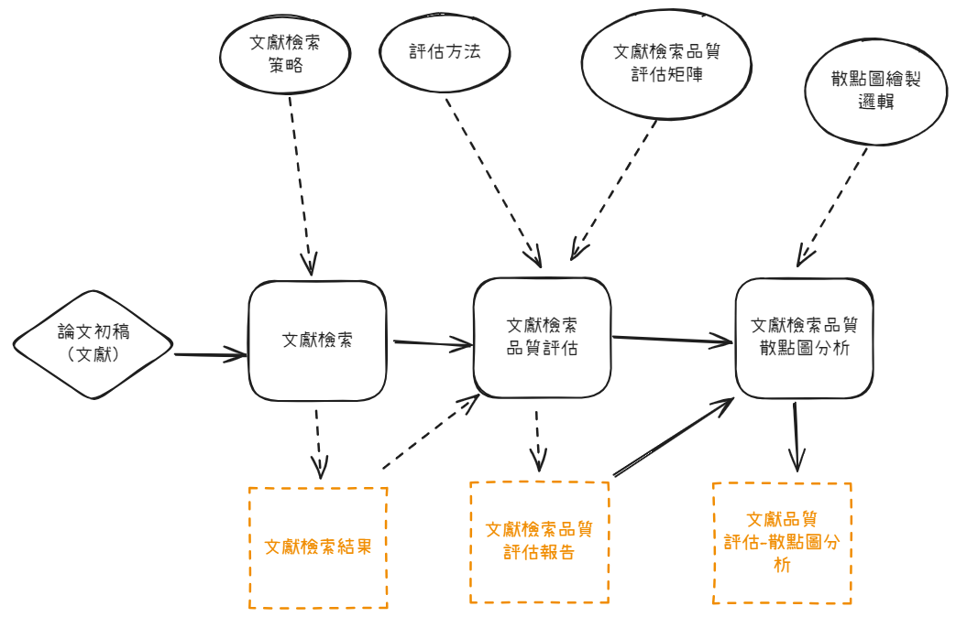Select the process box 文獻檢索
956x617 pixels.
tap(317, 340)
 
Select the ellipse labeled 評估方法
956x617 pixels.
tap(445, 52)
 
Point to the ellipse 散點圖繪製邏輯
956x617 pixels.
tap(874, 91)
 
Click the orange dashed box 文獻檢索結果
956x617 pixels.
tap(318, 547)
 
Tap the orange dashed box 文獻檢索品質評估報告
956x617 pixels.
tap(539, 542)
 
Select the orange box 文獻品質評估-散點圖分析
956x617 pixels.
tap(782, 542)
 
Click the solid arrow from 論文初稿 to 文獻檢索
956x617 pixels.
tap(210, 353)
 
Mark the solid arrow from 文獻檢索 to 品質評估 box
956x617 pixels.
tap(433, 344)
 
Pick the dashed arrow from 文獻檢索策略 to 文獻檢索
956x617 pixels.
tap(301, 183)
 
